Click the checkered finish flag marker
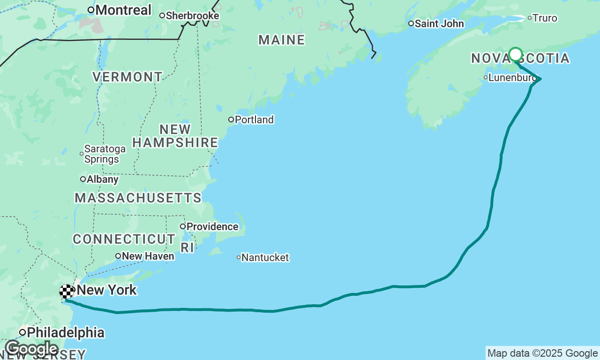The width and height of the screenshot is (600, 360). click(x=67, y=292)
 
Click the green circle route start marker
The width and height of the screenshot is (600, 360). click(x=516, y=54)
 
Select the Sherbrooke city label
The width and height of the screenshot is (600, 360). click(x=192, y=15)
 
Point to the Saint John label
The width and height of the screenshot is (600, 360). click(x=439, y=23)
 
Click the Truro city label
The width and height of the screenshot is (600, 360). click(x=546, y=18)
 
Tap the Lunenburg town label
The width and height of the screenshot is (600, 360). click(x=511, y=78)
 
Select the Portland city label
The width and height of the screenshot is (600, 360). click(x=254, y=120)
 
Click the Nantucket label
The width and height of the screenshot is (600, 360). click(x=265, y=257)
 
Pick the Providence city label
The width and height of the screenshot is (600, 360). click(x=212, y=227)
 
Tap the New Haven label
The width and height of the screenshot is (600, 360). click(x=148, y=256)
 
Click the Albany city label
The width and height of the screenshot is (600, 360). click(x=102, y=179)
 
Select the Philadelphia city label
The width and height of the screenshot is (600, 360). click(x=66, y=332)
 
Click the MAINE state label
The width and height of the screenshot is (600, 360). click(x=282, y=40)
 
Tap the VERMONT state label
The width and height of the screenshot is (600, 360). click(x=127, y=77)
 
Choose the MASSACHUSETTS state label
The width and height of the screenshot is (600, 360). click(x=138, y=198)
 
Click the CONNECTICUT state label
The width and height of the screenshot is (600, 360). click(x=124, y=239)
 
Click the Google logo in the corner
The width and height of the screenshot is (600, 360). click(x=32, y=349)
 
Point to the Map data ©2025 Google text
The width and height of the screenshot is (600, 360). click(x=542, y=353)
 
